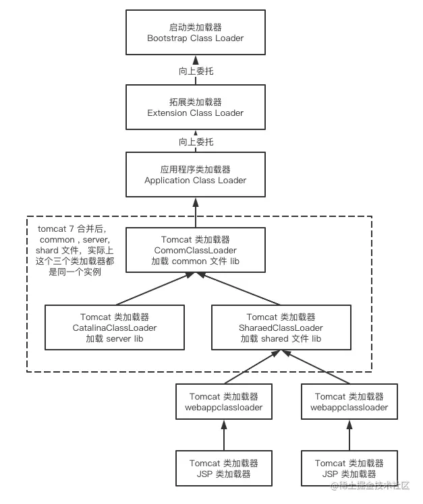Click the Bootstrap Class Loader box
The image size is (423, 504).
[195, 33]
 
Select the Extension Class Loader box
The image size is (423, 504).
[195, 107]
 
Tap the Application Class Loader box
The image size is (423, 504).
[195, 175]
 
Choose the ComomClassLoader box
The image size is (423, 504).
[195, 250]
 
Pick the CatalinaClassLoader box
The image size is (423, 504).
[114, 327]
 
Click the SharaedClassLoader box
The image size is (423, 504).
[281, 327]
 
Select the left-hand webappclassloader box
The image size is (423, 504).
[223, 402]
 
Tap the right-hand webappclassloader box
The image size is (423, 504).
[349, 402]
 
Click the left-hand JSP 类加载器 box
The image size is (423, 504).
[223, 468]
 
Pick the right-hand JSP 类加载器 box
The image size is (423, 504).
[349, 468]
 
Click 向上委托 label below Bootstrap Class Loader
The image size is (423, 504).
[196, 70]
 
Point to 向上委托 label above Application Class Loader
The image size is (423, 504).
[196, 141]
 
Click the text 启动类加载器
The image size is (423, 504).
[195, 28]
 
